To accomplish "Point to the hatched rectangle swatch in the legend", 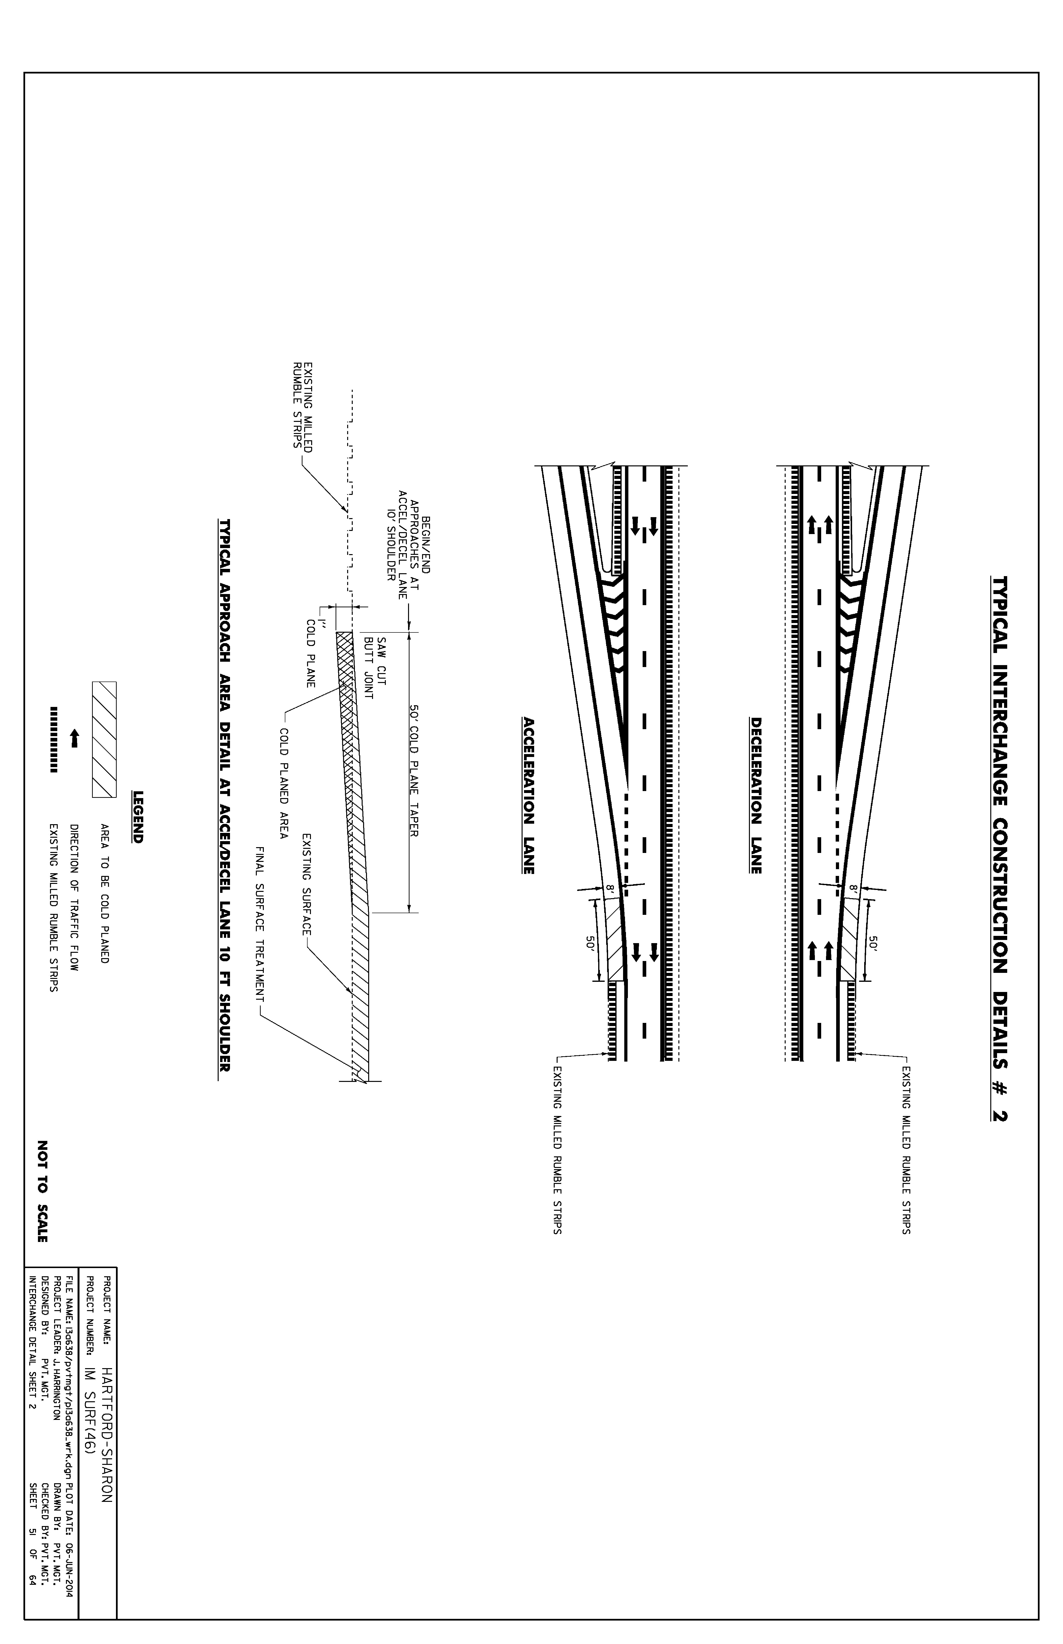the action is coord(104,740).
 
